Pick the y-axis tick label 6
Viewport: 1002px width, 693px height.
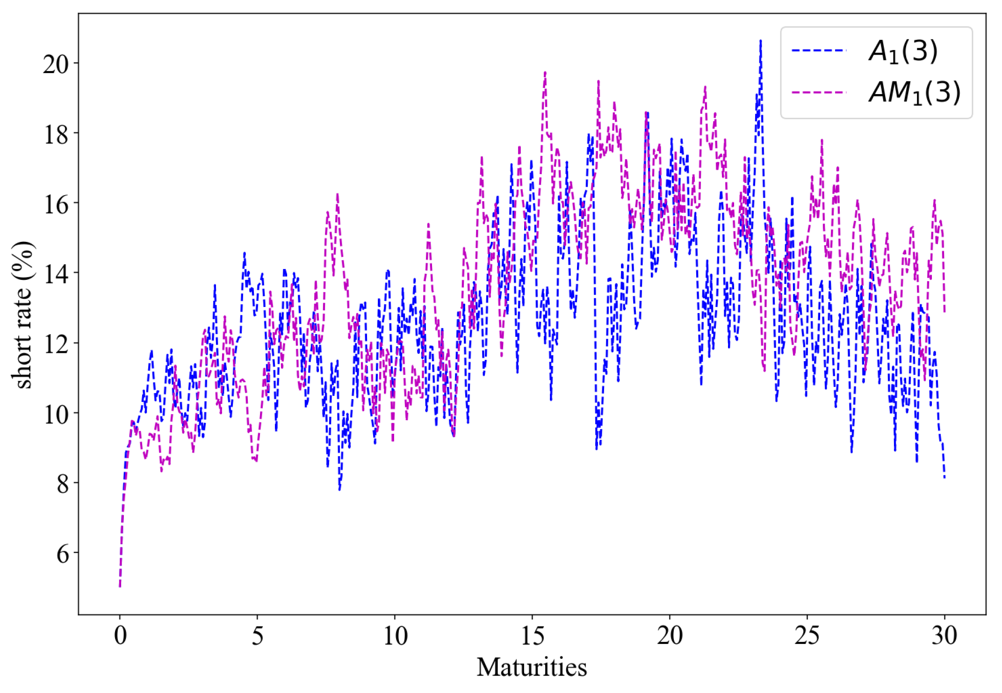63,554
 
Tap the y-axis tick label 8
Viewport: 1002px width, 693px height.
63,484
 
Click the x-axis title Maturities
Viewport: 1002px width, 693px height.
532,667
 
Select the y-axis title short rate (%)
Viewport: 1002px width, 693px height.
23,315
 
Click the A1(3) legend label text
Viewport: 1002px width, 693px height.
903,51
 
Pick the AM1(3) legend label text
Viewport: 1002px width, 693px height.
915,92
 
